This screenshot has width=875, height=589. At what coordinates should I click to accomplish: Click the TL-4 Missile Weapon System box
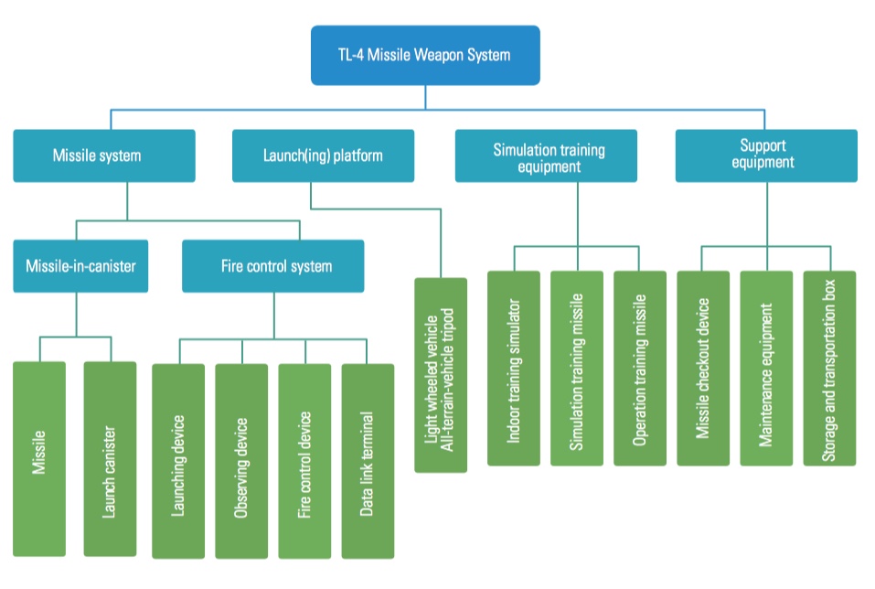click(425, 55)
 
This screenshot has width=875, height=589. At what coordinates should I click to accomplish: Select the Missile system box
click(104, 155)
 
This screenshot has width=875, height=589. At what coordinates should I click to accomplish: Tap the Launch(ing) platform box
click(323, 155)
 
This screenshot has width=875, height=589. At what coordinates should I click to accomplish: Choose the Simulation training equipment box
click(547, 156)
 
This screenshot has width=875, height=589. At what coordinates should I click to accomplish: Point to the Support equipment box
click(766, 155)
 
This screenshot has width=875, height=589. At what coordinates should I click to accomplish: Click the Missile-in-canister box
click(80, 266)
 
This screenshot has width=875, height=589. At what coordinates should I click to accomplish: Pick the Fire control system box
click(272, 266)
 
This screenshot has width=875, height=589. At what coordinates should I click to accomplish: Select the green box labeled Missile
click(39, 457)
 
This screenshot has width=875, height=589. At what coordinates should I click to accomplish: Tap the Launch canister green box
click(110, 457)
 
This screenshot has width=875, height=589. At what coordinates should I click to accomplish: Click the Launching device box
click(178, 461)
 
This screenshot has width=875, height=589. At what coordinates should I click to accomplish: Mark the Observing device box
click(241, 461)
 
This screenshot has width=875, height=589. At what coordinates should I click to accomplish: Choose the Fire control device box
click(305, 461)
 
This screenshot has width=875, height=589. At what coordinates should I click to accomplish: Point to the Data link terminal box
click(368, 461)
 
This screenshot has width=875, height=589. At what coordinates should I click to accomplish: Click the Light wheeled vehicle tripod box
click(441, 375)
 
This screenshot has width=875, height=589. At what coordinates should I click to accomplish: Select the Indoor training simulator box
click(514, 368)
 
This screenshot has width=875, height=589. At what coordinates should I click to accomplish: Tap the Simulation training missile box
click(577, 368)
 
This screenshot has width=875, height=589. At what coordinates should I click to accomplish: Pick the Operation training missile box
click(640, 368)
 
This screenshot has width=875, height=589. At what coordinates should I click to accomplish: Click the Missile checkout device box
click(703, 368)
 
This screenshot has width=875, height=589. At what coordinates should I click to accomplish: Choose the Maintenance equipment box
click(766, 368)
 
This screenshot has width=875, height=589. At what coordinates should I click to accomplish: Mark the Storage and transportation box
click(829, 368)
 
